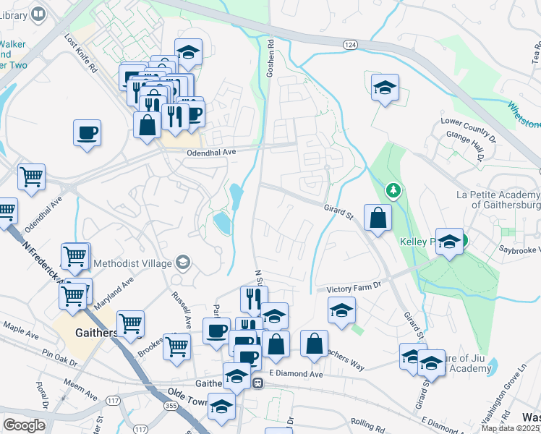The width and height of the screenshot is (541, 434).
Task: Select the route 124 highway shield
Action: coord(351,45)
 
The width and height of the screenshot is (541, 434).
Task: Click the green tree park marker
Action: coord(393,191)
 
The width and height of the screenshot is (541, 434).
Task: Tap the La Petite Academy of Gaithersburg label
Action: coord(498,200)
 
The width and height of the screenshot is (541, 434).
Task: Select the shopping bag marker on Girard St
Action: coord(378,216)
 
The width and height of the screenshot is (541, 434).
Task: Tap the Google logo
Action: coord(24,425)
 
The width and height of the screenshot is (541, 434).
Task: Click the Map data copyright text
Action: coord(510,428)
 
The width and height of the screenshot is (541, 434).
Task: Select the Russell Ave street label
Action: coord(182,307)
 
